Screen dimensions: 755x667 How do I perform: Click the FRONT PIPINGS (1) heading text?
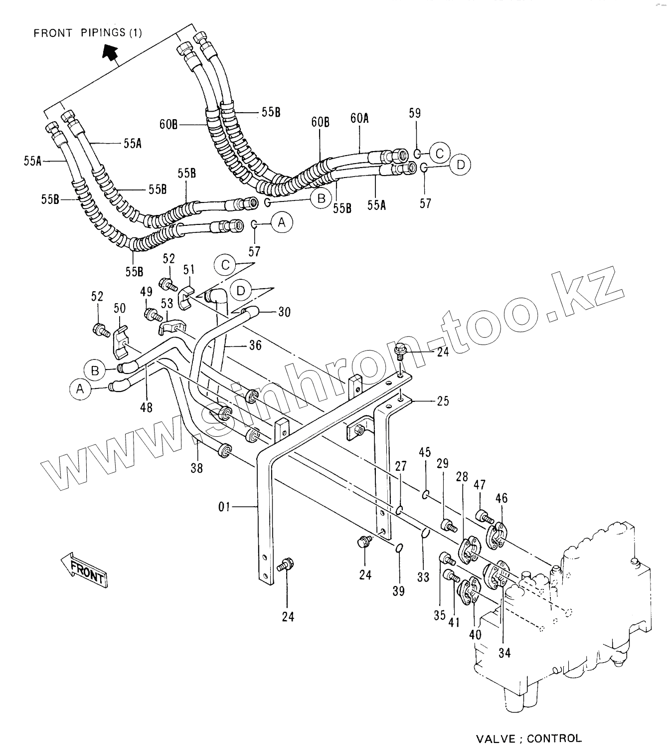[x=87, y=33]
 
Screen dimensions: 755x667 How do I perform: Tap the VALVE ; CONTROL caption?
[x=529, y=739]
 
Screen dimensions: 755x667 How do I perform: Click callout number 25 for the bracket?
[x=443, y=400]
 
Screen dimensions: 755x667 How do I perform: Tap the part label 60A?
[x=359, y=118]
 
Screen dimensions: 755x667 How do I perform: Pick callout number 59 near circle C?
[x=415, y=113]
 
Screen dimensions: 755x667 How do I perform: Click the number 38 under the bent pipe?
[x=197, y=468]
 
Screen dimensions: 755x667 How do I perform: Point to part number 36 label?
[x=255, y=345]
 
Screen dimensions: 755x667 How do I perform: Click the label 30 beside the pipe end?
[x=284, y=312]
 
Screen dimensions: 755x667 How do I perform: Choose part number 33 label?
[x=423, y=577]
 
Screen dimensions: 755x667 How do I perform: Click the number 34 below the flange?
[x=504, y=652]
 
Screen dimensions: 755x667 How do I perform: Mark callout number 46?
[x=501, y=497]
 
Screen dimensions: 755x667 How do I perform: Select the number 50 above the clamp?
[x=120, y=308]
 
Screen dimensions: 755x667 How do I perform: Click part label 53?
[x=167, y=303]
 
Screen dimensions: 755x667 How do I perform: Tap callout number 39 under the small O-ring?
[x=398, y=591]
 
